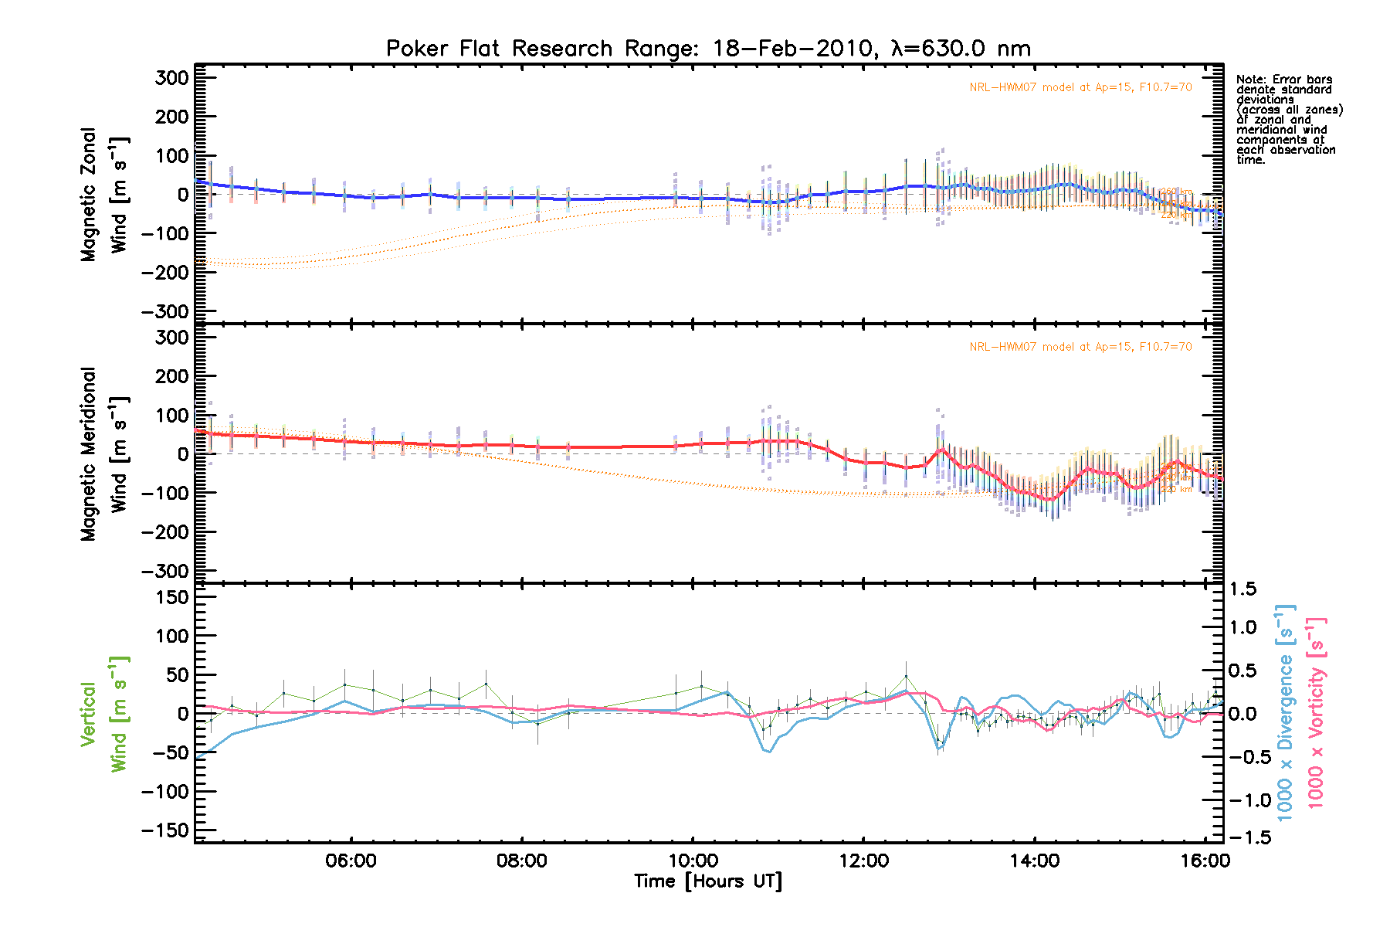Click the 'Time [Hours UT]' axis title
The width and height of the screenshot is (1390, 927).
[707, 881]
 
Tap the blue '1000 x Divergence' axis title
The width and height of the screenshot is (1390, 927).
[1285, 714]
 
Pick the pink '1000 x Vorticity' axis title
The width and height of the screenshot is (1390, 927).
[1315, 714]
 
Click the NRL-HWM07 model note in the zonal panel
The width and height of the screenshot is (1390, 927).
[1080, 87]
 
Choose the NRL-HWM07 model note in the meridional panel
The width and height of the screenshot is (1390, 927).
[1080, 347]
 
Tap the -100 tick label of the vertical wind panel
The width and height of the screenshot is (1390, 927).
[165, 792]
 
